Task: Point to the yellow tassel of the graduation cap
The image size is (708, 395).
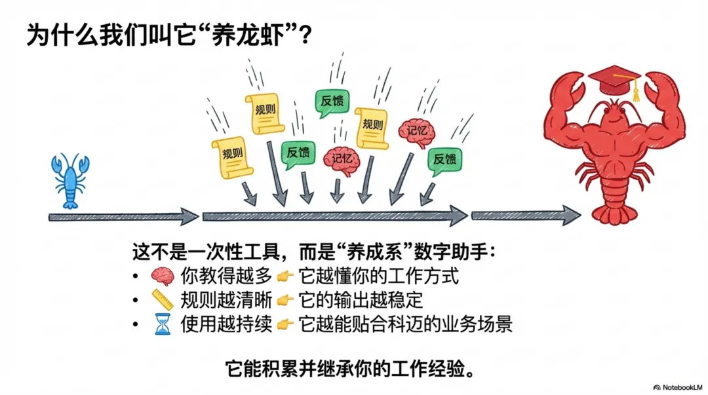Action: [635, 94]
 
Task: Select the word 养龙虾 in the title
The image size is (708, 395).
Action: [254, 35]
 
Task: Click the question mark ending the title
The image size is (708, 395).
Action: [304, 35]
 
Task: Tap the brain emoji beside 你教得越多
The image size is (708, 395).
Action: [162, 276]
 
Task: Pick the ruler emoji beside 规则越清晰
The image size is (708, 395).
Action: [162, 300]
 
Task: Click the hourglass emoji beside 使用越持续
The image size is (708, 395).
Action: [162, 324]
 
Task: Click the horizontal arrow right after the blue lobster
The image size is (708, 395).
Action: [123, 217]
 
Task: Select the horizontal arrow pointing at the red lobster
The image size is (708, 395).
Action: [525, 215]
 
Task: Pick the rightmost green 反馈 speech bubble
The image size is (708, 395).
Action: [444, 160]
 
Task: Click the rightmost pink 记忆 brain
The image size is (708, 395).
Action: [416, 132]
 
